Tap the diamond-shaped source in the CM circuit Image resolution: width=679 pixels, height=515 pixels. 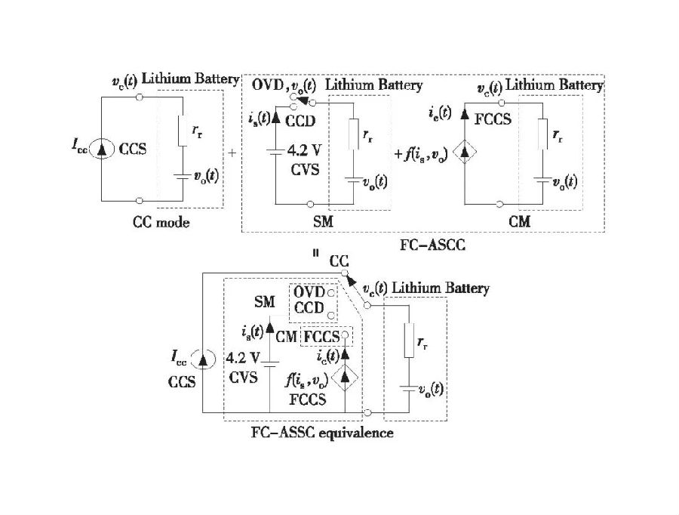point(465,153)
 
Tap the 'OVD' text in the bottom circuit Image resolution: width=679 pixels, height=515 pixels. point(309,291)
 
